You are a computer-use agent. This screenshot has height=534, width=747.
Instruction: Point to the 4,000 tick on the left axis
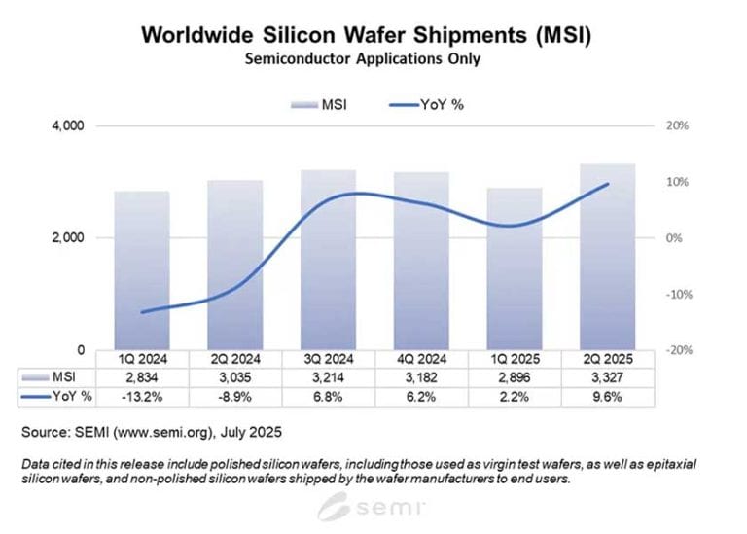69,126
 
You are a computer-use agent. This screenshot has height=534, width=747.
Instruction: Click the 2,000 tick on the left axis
69,238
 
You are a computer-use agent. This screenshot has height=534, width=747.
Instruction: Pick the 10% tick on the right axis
677,182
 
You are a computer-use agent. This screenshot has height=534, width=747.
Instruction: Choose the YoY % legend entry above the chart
427,105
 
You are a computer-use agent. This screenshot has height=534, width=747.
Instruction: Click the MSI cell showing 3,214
328,376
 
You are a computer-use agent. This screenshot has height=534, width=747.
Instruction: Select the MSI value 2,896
514,376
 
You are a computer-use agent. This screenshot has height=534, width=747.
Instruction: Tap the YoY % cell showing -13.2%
142,395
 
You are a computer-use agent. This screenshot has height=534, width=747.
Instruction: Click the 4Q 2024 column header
420,358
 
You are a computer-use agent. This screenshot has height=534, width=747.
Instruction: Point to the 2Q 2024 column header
234,358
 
